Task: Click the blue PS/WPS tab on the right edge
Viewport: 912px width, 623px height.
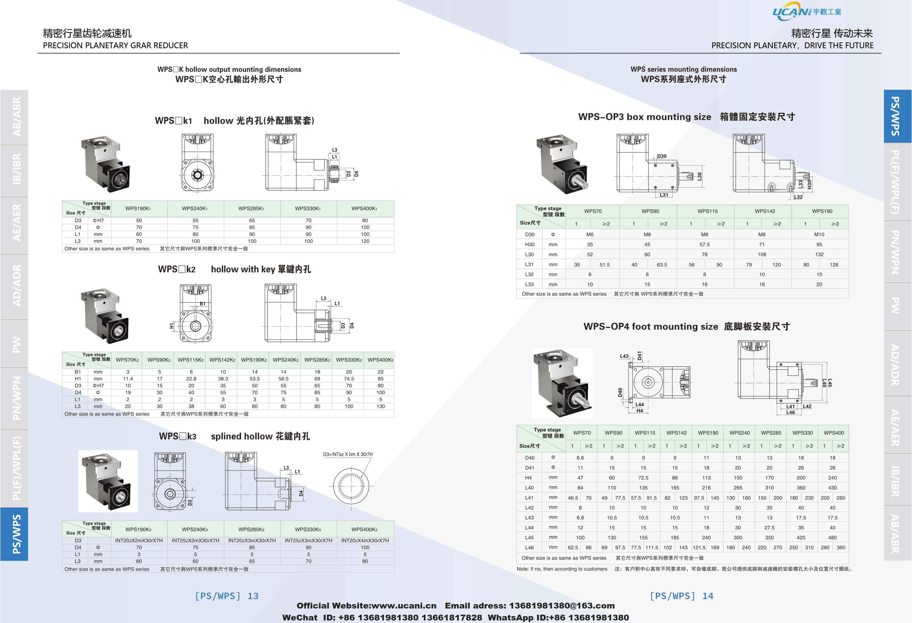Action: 897,116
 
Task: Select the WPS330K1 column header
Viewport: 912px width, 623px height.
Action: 309,208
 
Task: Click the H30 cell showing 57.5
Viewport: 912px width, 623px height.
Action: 705,245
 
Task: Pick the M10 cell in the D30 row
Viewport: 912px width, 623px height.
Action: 819,234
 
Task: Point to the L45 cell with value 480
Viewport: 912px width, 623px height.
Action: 832,537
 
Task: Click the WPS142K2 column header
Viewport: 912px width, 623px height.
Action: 222,360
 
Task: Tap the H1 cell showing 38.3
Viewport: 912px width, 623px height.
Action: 223,379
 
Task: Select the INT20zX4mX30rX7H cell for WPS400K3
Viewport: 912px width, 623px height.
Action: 365,541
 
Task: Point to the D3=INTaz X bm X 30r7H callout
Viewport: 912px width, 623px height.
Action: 348,454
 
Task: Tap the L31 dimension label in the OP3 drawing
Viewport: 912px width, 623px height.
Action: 664,195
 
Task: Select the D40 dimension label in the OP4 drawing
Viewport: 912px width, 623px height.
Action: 620,392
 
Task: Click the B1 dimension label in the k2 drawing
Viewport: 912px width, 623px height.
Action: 202,303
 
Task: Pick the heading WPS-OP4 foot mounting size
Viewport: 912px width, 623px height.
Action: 650,327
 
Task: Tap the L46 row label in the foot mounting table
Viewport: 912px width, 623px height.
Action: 529,547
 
